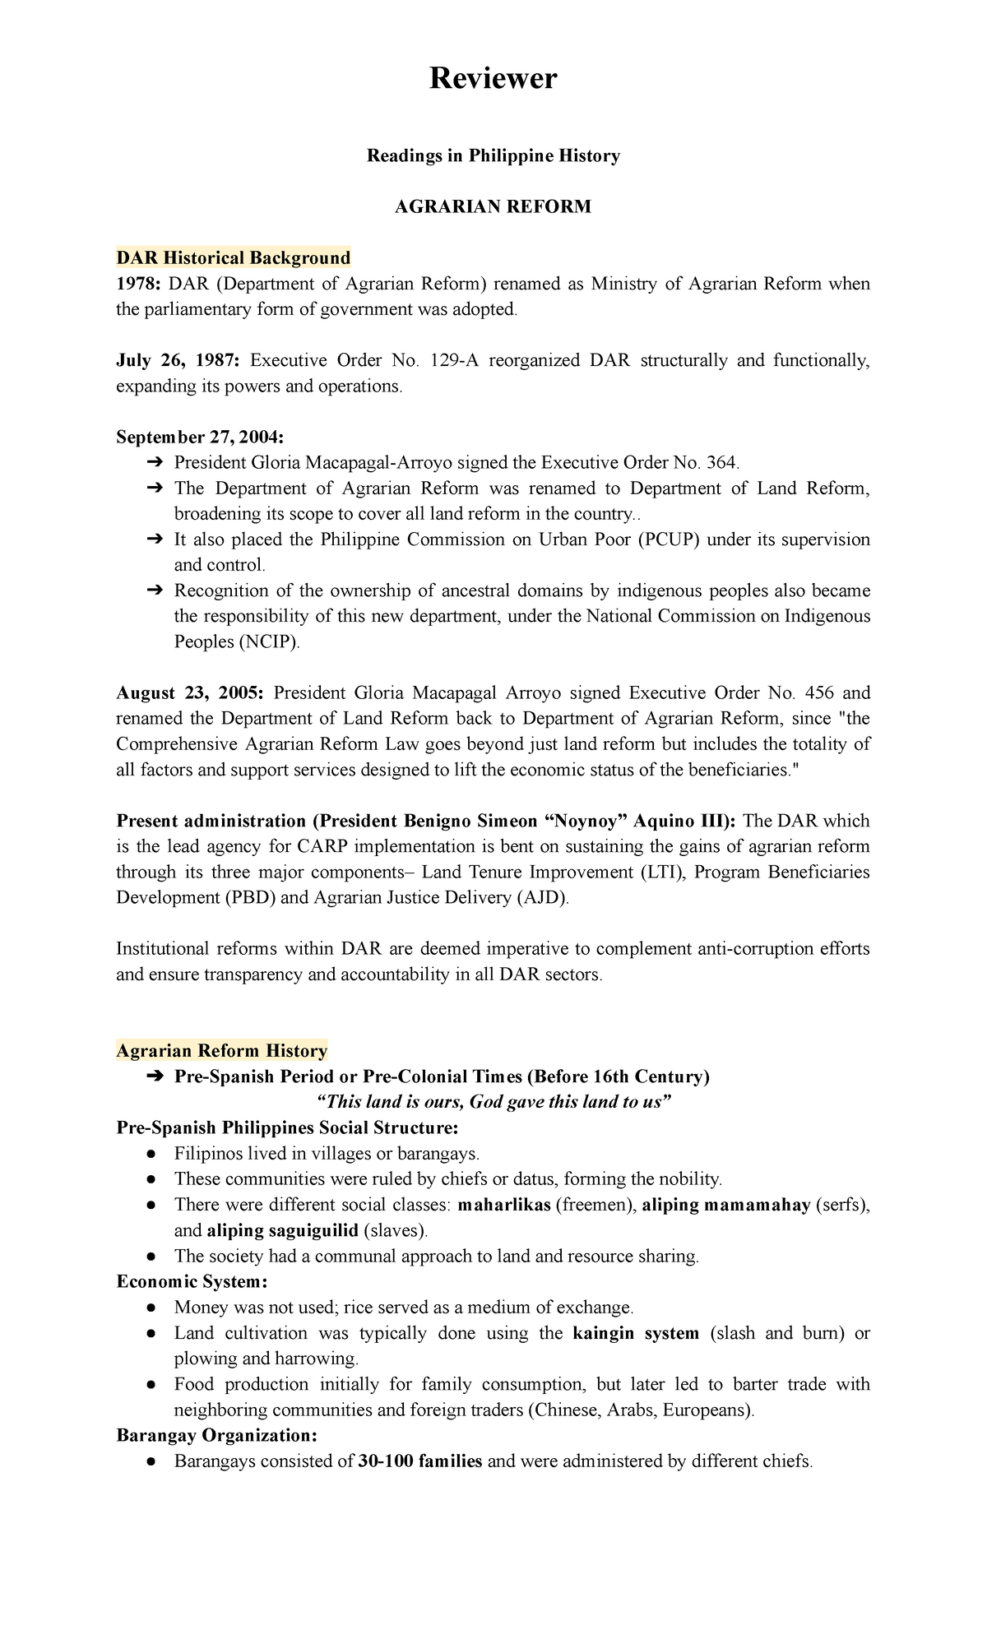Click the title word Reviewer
click(x=493, y=79)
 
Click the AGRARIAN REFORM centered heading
click(x=493, y=206)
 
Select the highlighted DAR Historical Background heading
click(x=234, y=258)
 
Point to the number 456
click(x=818, y=692)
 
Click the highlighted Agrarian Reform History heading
click(x=222, y=1051)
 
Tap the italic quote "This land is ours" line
click(x=494, y=1102)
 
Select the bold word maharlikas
click(x=503, y=1205)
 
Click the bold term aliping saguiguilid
click(x=282, y=1230)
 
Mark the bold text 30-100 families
click(x=419, y=1461)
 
